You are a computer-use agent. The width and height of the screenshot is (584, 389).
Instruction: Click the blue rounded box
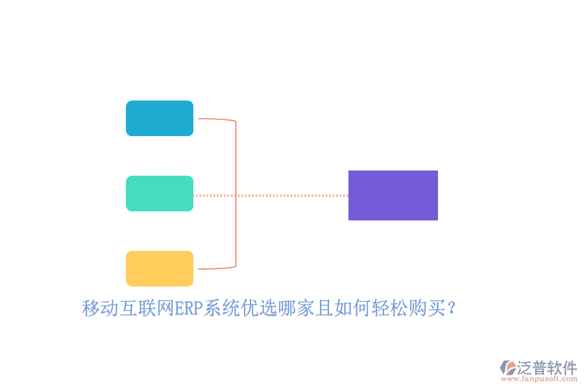(160, 118)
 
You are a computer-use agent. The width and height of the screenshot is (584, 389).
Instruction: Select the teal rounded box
(160, 193)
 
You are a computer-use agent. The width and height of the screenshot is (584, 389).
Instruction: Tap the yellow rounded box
(160, 268)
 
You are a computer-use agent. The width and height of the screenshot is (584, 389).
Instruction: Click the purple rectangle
(393, 195)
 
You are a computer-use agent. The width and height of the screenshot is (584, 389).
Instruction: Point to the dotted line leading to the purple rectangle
(292, 195)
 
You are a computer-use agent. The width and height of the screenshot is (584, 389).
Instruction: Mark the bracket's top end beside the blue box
(201, 119)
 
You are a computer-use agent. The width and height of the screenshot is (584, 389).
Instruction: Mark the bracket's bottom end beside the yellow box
(201, 268)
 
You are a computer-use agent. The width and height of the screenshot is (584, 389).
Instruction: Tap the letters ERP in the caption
(189, 309)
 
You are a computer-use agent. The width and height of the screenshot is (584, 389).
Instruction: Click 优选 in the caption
(259, 309)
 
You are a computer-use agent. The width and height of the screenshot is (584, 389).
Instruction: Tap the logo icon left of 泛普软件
(507, 368)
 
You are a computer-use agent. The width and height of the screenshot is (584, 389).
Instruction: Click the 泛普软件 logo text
(546, 368)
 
